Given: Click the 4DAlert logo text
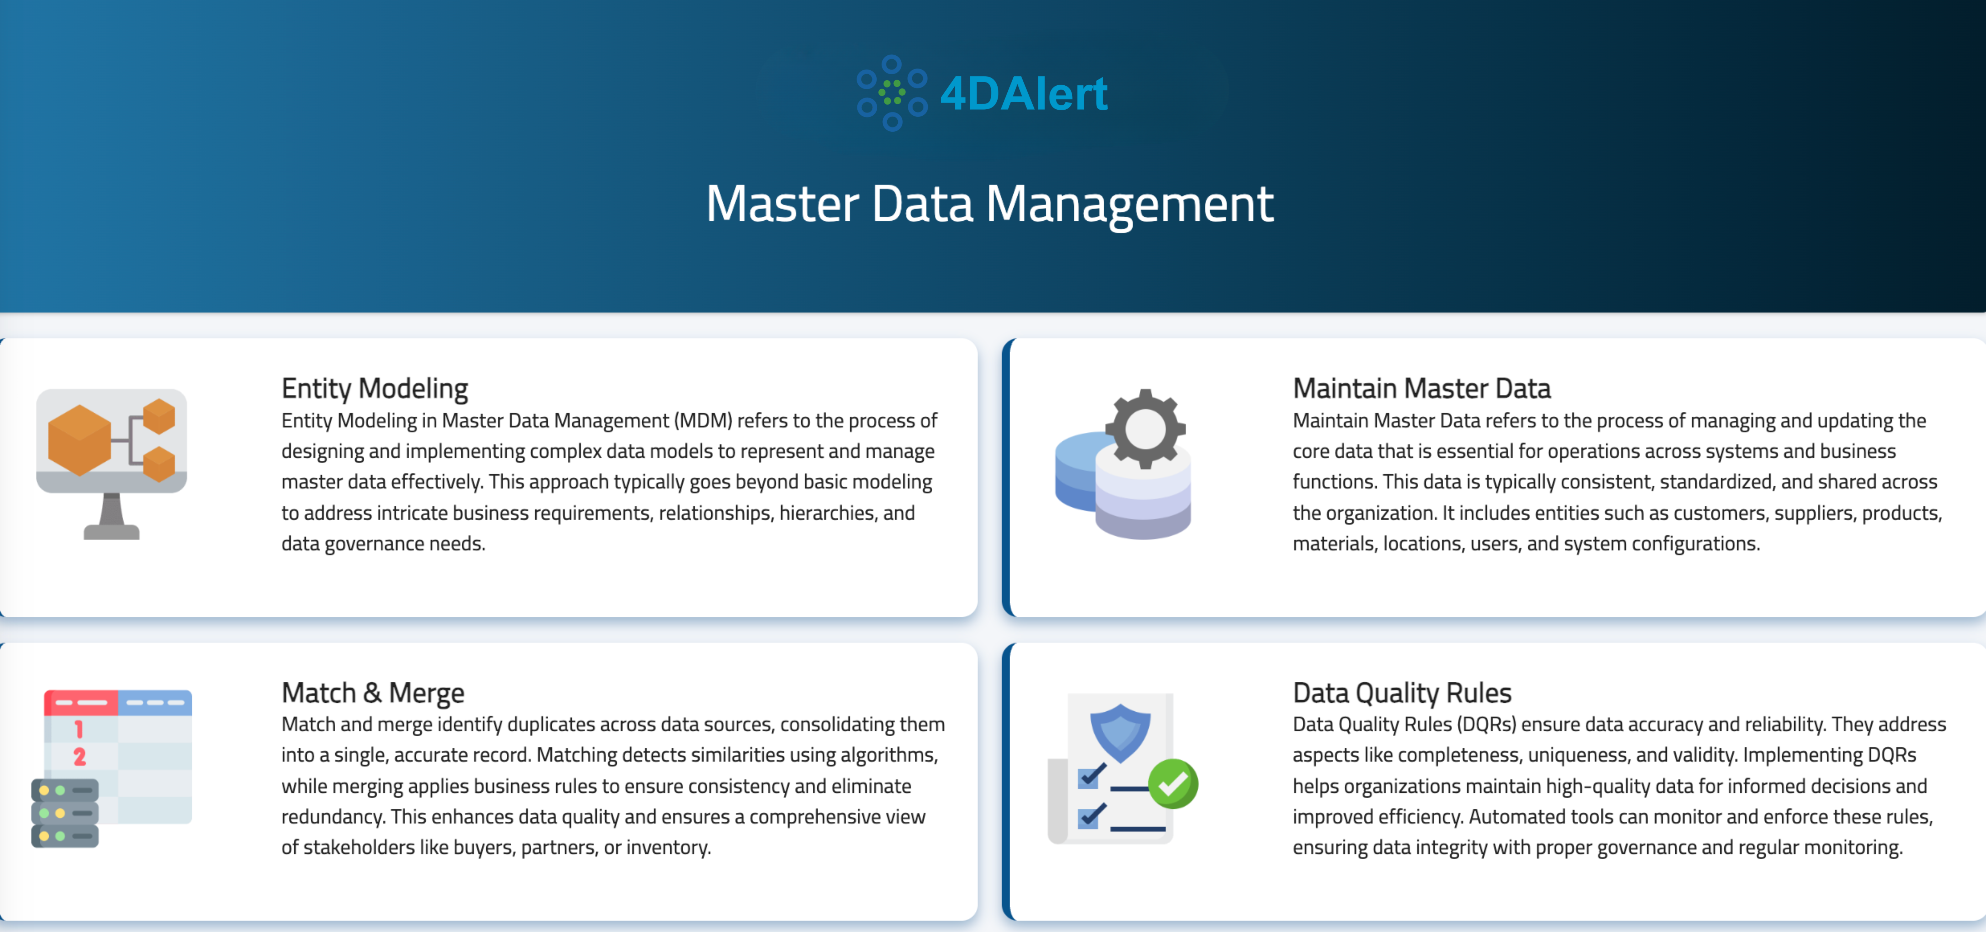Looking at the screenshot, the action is click(1024, 94).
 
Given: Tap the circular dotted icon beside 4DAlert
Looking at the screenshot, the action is click(892, 92).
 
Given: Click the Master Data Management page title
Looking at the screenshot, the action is click(990, 204).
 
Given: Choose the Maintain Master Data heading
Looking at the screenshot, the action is click(1421, 388).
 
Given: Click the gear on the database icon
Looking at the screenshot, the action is click(1145, 429).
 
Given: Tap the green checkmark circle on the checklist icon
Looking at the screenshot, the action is click(1173, 783).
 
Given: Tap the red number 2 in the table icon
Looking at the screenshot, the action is click(79, 756).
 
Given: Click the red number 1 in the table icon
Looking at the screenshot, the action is click(79, 728).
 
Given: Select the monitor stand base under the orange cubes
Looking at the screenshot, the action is click(112, 531).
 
